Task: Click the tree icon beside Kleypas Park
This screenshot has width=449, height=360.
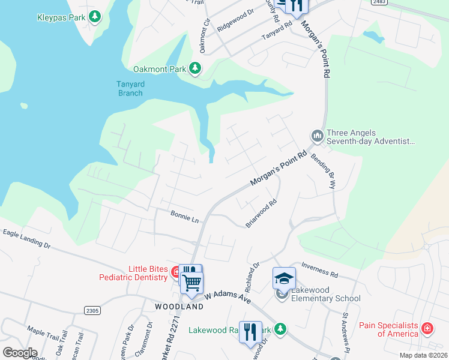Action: pyautogui.click(x=94, y=17)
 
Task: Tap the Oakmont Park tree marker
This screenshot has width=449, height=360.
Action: pyautogui.click(x=195, y=69)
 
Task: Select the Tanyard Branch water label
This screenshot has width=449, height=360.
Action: pyautogui.click(x=130, y=89)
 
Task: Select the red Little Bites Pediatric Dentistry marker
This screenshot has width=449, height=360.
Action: pyautogui.click(x=176, y=272)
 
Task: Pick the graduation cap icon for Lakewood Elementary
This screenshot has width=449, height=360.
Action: pyautogui.click(x=284, y=278)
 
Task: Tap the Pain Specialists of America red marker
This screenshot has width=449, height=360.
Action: pyautogui.click(x=427, y=329)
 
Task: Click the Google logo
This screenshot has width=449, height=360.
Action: pyautogui.click(x=20, y=352)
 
